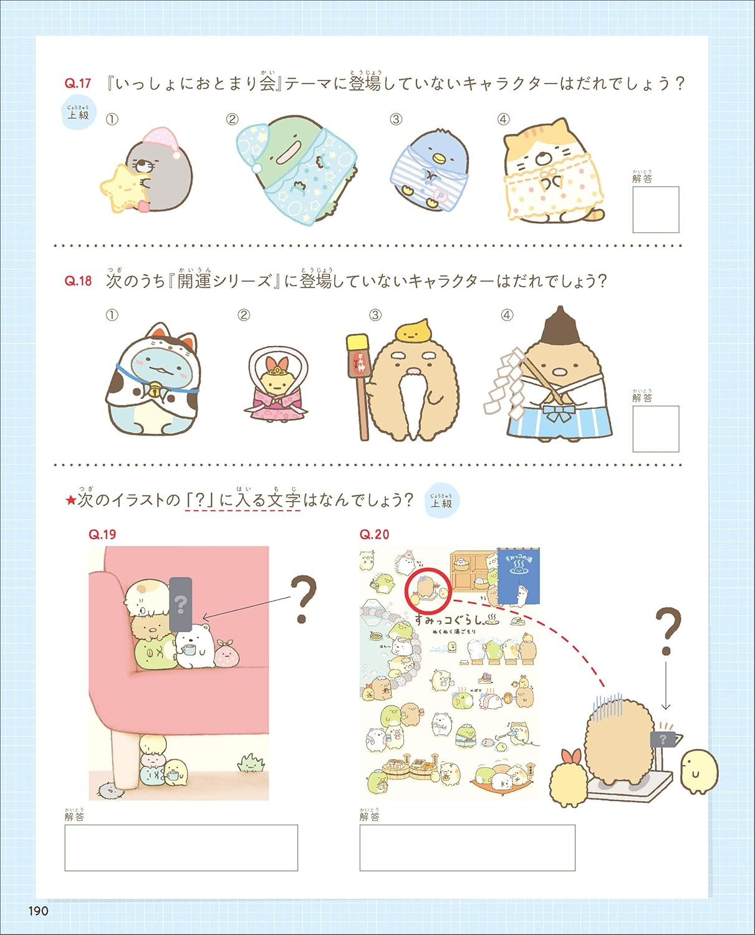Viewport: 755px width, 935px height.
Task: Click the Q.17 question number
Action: (x=78, y=84)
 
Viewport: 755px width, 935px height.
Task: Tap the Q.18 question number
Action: (x=78, y=281)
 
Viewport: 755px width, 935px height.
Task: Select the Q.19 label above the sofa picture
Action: (x=102, y=534)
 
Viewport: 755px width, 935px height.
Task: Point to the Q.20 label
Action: (x=374, y=534)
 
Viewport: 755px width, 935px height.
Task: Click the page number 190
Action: (x=38, y=911)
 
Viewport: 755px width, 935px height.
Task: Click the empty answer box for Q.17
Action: (x=655, y=210)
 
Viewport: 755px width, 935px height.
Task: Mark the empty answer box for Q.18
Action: (x=655, y=429)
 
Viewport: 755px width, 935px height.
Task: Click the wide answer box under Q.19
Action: (x=181, y=848)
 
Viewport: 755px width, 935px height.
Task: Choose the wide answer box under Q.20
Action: (x=467, y=848)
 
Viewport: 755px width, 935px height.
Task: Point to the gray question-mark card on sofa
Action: (x=180, y=603)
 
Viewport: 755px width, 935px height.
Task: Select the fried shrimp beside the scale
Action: (x=569, y=779)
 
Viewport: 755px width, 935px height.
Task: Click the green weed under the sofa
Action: (x=251, y=762)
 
